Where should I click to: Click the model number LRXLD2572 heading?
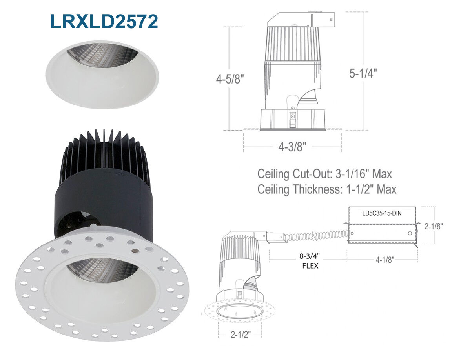coord(104,21)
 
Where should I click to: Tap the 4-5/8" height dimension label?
coord(230,79)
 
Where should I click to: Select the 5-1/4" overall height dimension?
coord(363,73)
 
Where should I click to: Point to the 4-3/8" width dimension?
coord(293,146)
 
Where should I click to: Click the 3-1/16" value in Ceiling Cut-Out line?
coord(352,174)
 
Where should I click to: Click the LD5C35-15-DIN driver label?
coord(382,213)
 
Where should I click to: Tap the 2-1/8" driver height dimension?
coord(434,226)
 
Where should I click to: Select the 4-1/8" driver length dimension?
coord(384,260)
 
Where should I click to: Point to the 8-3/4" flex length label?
coord(310,256)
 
